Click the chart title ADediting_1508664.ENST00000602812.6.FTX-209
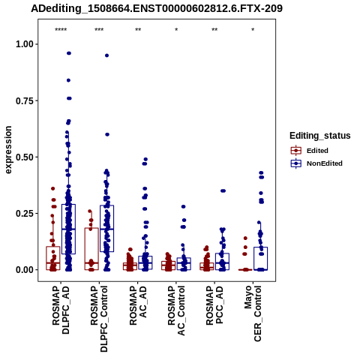click(157, 8)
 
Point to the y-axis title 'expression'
click(8, 150)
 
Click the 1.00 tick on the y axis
click(25, 44)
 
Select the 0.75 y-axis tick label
click(25, 100)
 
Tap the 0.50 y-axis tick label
click(25, 157)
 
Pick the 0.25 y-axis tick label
click(25, 214)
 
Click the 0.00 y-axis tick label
click(25, 270)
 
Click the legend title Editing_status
click(320, 136)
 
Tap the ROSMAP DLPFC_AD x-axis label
click(61, 310)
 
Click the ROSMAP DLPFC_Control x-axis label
click(99, 319)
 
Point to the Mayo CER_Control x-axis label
click(253, 313)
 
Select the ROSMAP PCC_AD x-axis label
click(214, 305)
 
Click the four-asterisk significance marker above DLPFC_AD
click(61, 30)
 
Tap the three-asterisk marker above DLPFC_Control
click(99, 30)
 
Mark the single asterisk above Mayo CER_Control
click(253, 30)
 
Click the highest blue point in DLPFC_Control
click(106, 55)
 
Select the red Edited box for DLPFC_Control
click(91, 249)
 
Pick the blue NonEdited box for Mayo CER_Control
click(260, 259)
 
